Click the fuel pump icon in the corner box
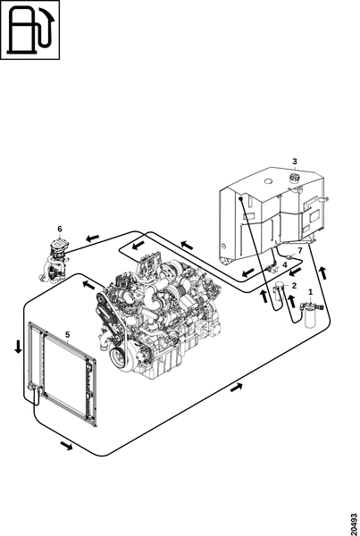point(30,30)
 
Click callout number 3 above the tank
point(295,161)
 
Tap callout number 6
point(60,229)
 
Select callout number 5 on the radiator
point(67,334)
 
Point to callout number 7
point(300,250)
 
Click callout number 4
point(285,264)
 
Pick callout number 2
point(294,285)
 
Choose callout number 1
point(311,292)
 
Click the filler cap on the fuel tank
point(294,178)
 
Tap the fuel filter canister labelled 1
point(311,314)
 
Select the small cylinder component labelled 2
point(280,291)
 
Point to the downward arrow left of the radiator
point(18,347)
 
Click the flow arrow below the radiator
point(66,446)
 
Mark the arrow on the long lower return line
point(237,388)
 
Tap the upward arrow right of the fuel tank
point(322,272)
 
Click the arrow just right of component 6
point(92,238)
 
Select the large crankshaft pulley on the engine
point(119,356)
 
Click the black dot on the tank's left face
point(240,198)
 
